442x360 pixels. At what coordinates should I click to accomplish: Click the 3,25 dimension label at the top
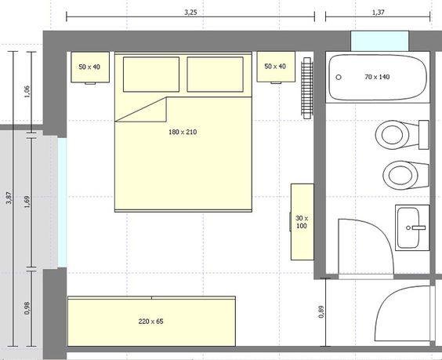click(190, 13)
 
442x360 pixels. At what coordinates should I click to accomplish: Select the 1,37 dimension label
click(378, 13)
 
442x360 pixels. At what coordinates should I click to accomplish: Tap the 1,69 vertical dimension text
click(27, 201)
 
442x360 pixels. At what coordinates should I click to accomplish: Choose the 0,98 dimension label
click(27, 307)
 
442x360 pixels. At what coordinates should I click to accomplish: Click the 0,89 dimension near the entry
click(321, 311)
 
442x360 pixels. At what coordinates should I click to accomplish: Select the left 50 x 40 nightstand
click(90, 67)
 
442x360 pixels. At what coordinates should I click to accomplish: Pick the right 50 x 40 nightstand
click(276, 67)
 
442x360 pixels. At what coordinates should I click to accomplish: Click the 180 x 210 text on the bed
click(183, 133)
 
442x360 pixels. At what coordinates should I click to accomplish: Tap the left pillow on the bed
click(150, 74)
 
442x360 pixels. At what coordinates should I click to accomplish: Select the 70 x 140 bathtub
click(378, 77)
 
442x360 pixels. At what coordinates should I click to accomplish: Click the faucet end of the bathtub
click(338, 77)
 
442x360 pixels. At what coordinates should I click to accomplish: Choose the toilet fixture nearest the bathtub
click(393, 135)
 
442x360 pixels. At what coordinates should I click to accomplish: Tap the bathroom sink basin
click(411, 227)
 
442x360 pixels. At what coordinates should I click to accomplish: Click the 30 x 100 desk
click(302, 221)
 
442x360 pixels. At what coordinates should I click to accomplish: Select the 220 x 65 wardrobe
click(150, 321)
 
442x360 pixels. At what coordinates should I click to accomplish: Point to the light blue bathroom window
click(379, 41)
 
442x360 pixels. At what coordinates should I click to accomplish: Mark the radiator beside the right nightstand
click(306, 87)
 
